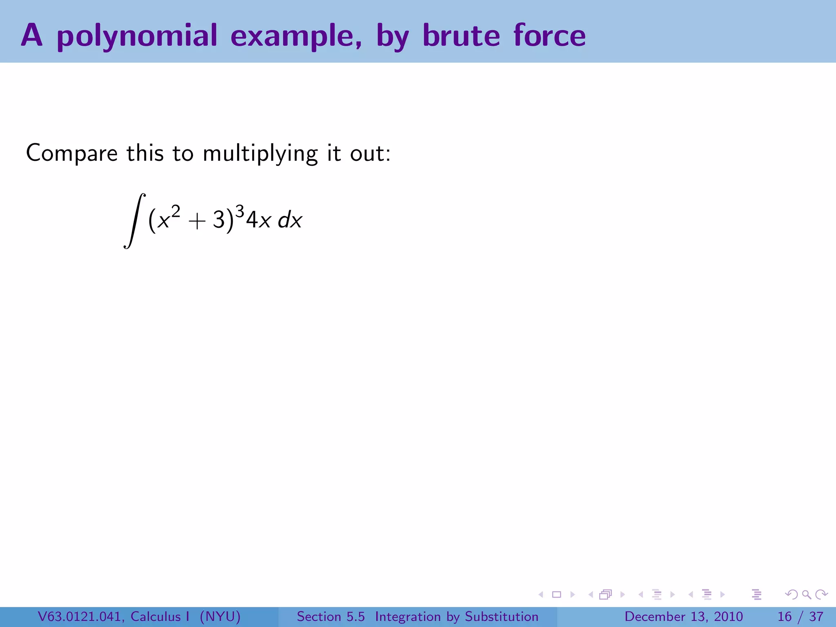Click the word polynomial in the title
click(137, 36)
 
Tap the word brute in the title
click(461, 36)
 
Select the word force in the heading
click(549, 36)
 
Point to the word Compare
click(72, 154)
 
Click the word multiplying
click(260, 154)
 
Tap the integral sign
click(134, 220)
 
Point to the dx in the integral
click(290, 220)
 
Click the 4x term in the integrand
click(258, 220)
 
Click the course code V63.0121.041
click(81, 616)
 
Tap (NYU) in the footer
click(220, 616)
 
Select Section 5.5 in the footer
click(331, 616)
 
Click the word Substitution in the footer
click(502, 616)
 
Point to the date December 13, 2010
click(683, 616)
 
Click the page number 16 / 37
click(800, 616)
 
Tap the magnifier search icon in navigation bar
click(806, 594)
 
